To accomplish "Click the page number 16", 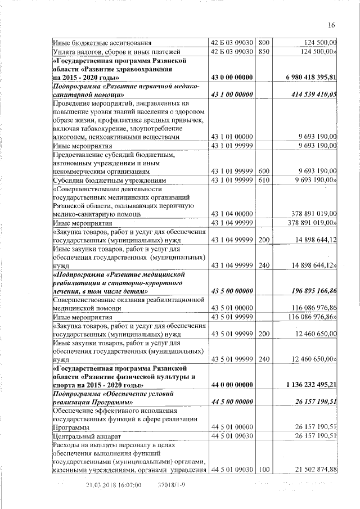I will click(331, 25).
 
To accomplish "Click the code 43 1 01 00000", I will click(232, 137).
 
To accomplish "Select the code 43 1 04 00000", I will click(232, 214).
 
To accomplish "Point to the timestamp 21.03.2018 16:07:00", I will click(113, 484).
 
